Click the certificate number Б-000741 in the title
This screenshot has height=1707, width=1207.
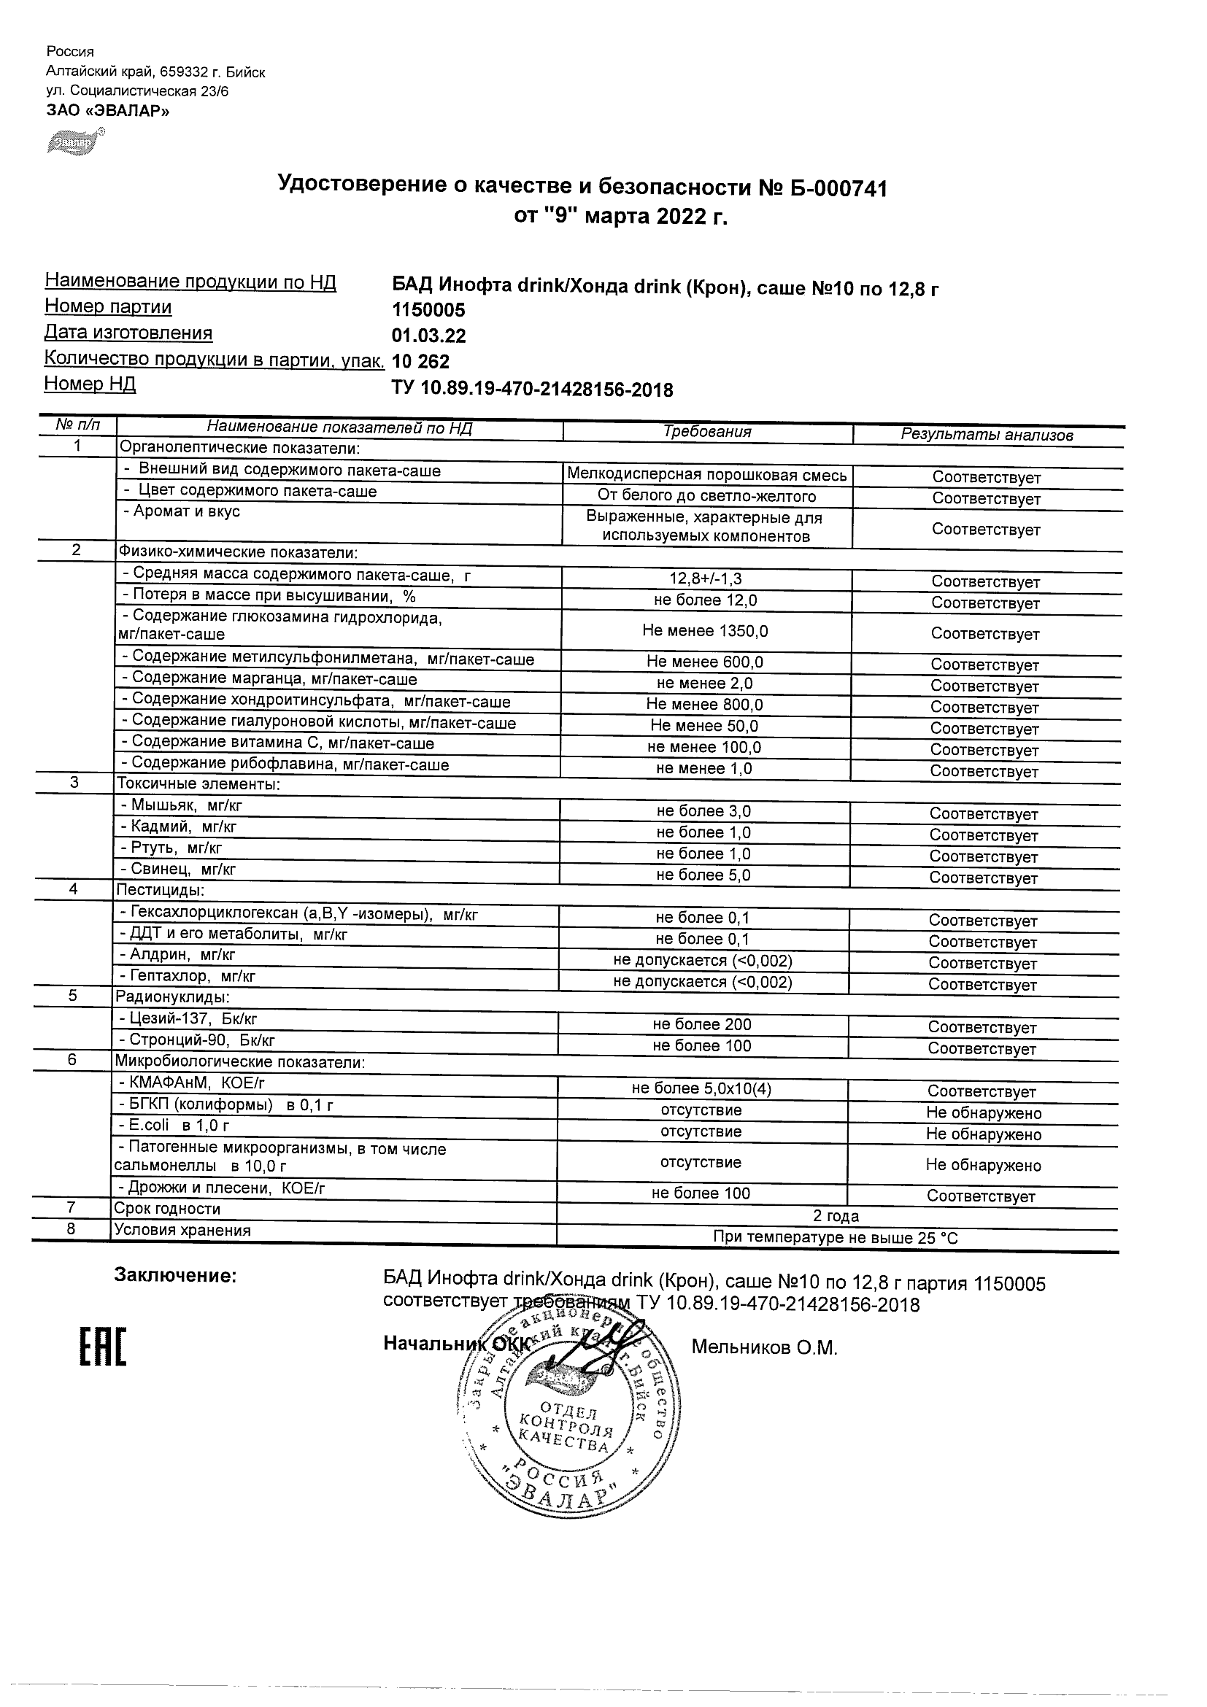point(836,189)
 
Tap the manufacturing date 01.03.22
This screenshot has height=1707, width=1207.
point(428,336)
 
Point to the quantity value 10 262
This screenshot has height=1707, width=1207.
point(420,362)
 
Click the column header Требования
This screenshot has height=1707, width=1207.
point(706,432)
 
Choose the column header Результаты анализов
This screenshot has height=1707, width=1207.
point(986,435)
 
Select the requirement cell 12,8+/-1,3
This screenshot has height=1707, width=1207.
point(705,578)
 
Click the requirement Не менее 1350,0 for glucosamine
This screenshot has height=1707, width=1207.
point(705,631)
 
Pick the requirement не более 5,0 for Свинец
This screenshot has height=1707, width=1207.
point(703,875)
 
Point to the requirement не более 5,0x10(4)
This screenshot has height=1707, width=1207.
point(701,1089)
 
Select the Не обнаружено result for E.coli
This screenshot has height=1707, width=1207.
point(983,1134)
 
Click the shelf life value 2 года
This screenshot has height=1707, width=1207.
point(836,1216)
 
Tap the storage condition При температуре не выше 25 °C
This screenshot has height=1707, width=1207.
point(835,1238)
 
